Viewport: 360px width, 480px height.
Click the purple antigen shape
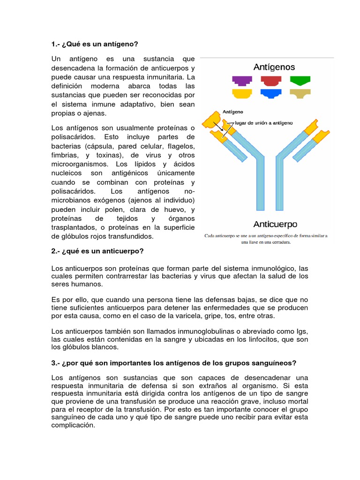242,81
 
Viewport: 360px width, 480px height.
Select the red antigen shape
271,81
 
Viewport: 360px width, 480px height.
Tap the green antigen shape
300,80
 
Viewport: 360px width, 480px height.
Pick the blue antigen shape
271,94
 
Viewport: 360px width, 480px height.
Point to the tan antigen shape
300,94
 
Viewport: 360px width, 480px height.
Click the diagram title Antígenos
274,67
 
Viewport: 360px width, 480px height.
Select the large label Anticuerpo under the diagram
275,224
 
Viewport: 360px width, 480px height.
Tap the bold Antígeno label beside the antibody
233,112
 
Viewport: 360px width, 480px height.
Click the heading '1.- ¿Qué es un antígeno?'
95,44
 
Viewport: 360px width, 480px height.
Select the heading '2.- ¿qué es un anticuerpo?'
97,251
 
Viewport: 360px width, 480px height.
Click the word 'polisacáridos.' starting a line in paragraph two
73,191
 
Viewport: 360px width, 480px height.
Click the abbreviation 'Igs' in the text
301,331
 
